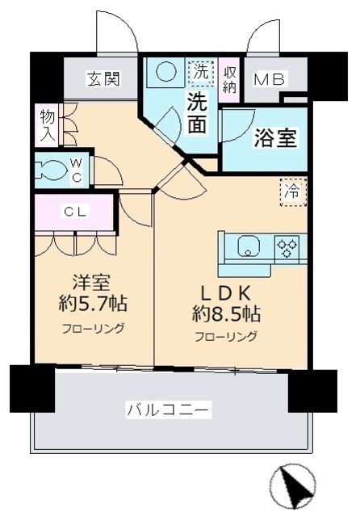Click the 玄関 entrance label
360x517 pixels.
[104, 79]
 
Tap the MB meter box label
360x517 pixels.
[270, 79]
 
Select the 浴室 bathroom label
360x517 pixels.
[275, 137]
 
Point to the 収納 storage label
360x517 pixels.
[229, 79]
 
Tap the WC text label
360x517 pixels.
[77, 170]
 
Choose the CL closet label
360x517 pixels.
[75, 212]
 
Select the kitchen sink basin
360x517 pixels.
[249, 246]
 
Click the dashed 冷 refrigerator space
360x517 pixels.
[293, 191]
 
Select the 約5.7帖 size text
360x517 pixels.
[93, 304]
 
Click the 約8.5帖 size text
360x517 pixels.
[226, 313]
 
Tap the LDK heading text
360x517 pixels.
[226, 293]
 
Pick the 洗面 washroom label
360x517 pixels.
[197, 112]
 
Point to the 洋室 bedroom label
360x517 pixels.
[91, 284]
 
